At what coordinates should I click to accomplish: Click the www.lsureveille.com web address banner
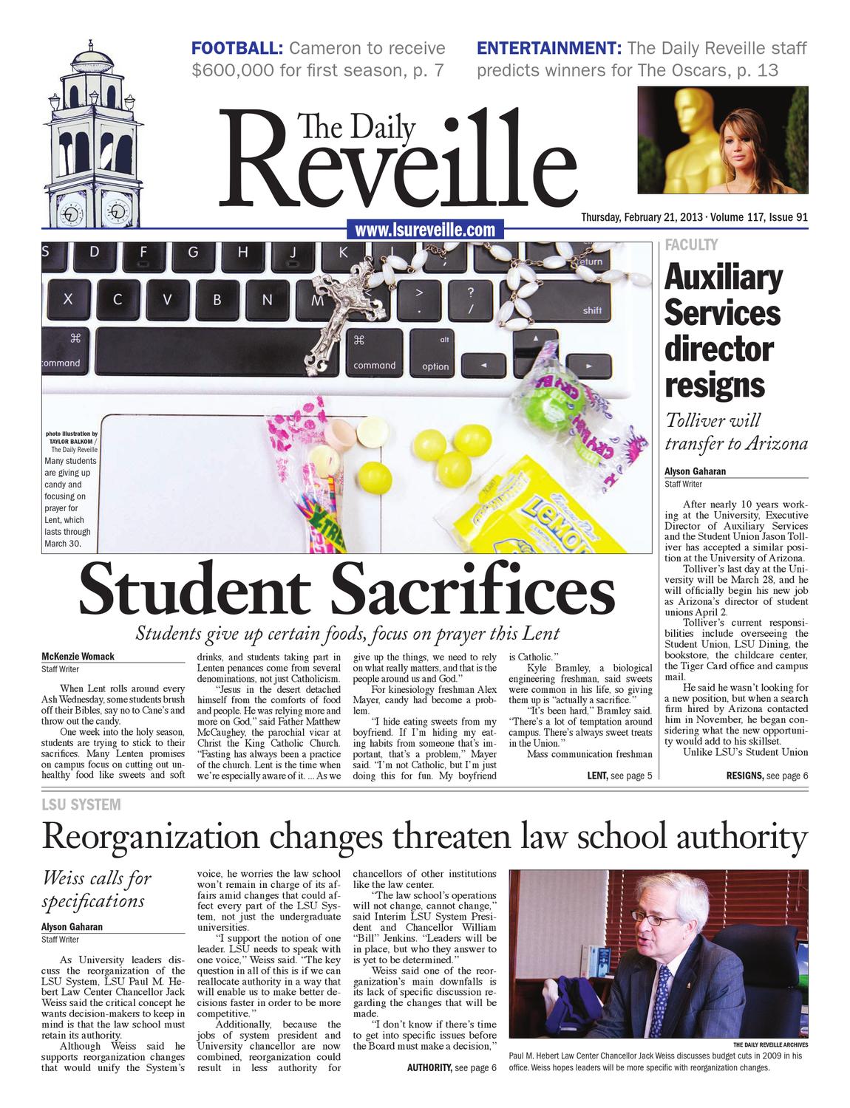[x=424, y=230]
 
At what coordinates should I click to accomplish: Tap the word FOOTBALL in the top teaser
[x=237, y=49]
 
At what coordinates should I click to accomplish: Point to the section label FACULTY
[x=691, y=244]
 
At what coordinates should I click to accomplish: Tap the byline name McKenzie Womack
[x=78, y=656]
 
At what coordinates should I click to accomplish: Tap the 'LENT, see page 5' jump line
[x=619, y=776]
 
